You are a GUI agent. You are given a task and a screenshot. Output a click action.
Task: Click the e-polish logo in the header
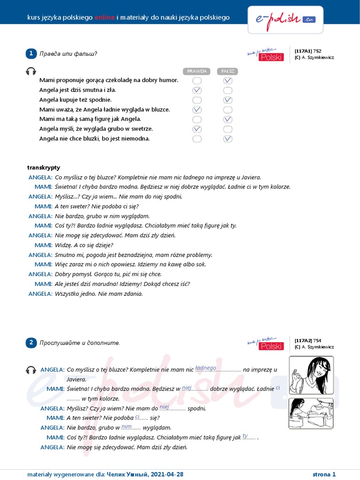[x=285, y=20]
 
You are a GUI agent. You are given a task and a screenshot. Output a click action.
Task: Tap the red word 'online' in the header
[x=105, y=17]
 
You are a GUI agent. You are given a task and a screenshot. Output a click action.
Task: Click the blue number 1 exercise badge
[x=31, y=53]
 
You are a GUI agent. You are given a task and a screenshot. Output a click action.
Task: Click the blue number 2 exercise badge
[x=31, y=343]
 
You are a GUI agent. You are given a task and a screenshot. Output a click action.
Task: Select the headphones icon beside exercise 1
[x=31, y=71]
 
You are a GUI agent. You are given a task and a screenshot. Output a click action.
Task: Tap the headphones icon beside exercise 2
[x=31, y=370]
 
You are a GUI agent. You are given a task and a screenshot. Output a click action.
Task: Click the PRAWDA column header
[x=197, y=71]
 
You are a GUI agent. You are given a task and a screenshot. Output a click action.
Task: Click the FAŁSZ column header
[x=227, y=71]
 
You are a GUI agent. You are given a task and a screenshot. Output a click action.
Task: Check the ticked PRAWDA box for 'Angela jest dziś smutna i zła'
[x=197, y=90]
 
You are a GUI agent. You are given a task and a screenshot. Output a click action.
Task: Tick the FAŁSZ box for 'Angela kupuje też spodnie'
[x=228, y=100]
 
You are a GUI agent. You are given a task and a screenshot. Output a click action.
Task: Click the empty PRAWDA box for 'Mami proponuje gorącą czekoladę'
[x=197, y=81]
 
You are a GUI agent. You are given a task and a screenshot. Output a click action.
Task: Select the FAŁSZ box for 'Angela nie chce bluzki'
[x=228, y=139]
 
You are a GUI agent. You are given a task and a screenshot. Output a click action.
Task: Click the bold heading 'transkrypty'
[x=44, y=167]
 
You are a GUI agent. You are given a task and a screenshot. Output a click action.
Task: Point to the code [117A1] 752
[x=308, y=51]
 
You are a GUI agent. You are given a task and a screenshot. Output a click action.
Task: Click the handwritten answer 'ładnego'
[x=205, y=368]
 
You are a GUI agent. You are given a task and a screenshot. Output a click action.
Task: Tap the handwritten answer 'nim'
[x=126, y=426]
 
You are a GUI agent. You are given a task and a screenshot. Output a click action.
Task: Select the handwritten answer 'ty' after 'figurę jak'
[x=245, y=436]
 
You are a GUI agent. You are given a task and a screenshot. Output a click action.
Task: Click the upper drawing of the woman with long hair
[x=311, y=375]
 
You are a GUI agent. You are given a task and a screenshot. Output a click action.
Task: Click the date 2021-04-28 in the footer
[x=167, y=474]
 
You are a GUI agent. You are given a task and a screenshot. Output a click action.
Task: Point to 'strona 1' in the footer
[x=324, y=474]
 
